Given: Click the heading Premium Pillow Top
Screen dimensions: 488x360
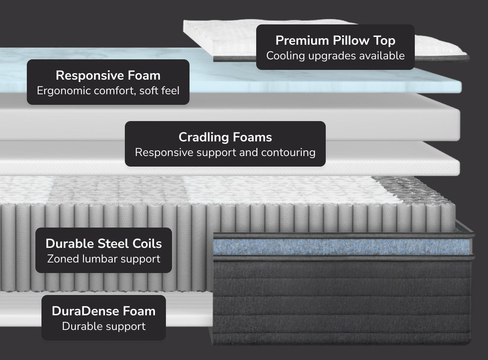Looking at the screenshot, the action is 335,41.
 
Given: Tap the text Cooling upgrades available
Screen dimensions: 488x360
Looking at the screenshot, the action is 335,56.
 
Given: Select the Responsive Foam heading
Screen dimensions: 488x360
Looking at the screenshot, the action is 108,76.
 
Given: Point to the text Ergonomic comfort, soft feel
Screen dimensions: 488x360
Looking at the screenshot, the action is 108,91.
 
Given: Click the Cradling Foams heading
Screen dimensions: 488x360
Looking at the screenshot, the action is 225,137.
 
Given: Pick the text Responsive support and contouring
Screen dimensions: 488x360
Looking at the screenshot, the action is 225,152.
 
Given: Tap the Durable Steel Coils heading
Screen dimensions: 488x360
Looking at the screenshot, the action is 104,244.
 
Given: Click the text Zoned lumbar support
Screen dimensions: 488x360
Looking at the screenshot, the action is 104,258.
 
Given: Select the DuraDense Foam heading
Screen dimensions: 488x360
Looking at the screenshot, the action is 104,311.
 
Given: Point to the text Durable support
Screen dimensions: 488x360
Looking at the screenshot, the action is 104,326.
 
